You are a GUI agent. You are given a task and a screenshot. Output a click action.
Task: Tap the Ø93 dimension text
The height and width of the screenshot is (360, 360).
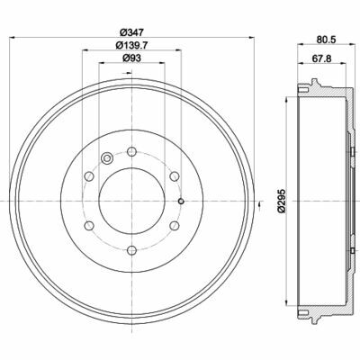point(131,60)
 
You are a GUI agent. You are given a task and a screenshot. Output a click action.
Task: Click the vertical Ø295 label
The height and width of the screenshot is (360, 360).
point(283,202)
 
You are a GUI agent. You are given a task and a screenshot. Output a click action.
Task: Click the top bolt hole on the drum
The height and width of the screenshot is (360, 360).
point(131,150)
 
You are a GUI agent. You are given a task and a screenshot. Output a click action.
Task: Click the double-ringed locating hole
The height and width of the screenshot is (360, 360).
point(108,159)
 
